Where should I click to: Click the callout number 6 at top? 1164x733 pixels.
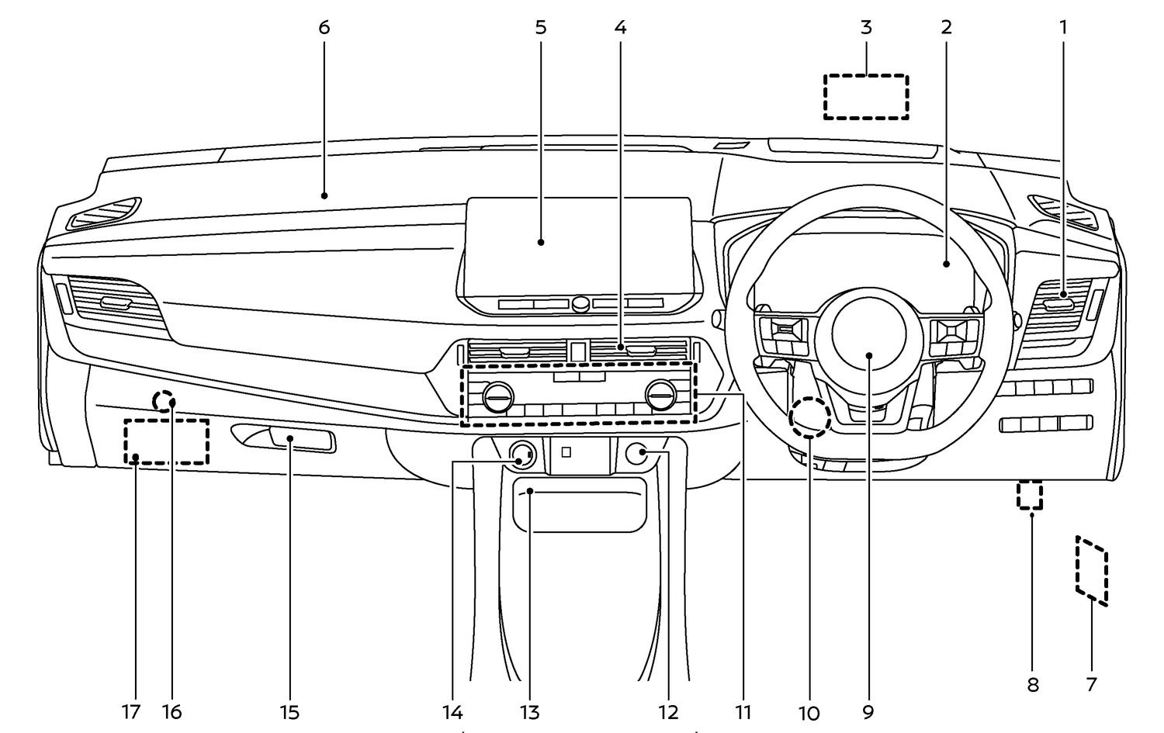click(x=324, y=28)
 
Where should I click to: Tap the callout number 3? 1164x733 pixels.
click(x=866, y=28)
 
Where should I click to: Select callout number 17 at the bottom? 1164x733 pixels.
click(x=130, y=711)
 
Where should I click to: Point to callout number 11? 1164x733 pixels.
click(x=743, y=711)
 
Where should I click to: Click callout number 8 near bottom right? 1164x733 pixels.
click(x=1032, y=685)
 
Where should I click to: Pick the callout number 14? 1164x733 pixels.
click(x=452, y=711)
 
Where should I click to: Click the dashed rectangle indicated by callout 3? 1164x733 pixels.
click(x=866, y=97)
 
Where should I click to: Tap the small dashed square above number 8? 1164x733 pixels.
click(x=1030, y=495)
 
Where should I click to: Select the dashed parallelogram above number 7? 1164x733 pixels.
click(x=1092, y=569)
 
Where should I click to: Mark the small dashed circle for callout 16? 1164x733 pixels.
click(x=164, y=400)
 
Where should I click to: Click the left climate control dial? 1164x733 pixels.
click(x=497, y=398)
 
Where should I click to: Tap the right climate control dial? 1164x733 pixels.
click(x=660, y=398)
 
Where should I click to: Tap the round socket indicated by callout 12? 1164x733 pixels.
click(x=638, y=454)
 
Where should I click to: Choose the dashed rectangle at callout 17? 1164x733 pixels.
click(x=167, y=441)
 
